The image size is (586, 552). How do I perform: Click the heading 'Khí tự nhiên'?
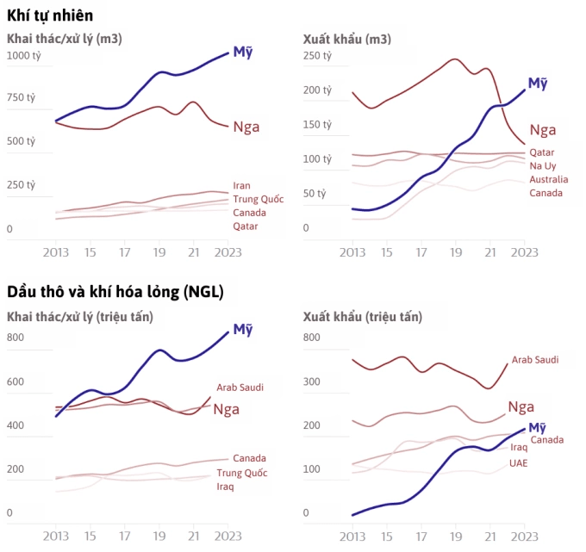coord(50,16)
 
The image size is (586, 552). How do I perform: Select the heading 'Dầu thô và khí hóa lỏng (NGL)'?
coord(115,292)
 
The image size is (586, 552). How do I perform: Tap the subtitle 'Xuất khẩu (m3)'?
coord(346,39)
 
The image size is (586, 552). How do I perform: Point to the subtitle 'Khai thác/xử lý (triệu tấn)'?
coord(80,317)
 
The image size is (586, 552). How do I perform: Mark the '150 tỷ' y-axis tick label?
coord(318,124)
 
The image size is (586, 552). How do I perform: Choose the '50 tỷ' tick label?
coord(315,194)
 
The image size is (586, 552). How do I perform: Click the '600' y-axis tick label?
coord(16,381)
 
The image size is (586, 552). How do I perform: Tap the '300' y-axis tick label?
coord(312,381)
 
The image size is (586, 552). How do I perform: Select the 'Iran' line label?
coord(242,185)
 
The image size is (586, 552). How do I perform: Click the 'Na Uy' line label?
coord(543,165)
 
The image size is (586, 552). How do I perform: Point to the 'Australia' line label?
coord(549,179)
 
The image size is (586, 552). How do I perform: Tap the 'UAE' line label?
coord(518,462)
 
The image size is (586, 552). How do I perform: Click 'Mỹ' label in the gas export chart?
coord(538,83)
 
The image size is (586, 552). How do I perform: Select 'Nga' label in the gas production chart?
coord(246,127)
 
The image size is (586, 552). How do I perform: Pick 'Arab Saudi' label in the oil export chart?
coord(535,359)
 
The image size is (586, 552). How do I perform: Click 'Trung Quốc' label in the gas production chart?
coord(259,199)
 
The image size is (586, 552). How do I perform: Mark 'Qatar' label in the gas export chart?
coord(542,152)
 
